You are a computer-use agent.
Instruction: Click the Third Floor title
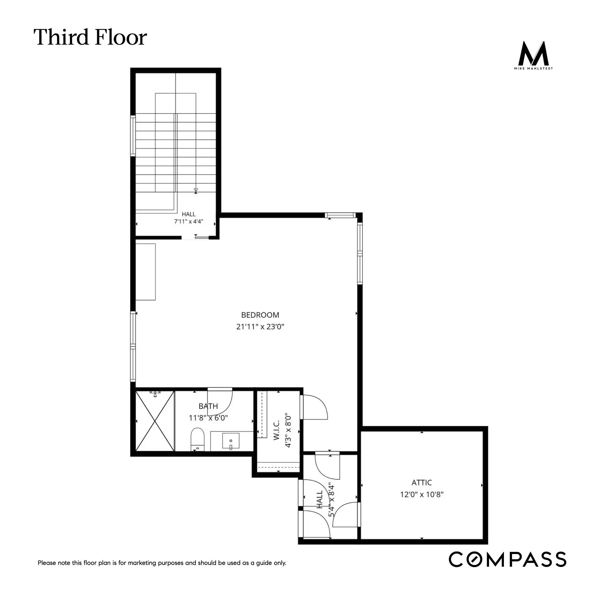[x=90, y=37]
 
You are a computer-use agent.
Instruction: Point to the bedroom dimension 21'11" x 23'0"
[x=260, y=327]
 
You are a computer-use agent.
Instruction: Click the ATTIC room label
[x=421, y=482]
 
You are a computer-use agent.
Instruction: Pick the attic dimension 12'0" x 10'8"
[x=421, y=494]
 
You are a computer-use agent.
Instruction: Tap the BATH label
[x=208, y=406]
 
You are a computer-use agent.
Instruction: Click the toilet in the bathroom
[x=197, y=439]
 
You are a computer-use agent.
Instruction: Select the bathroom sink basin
[x=231, y=441]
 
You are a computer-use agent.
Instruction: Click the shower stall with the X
[x=155, y=421]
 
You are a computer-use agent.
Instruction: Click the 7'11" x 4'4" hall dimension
[x=189, y=221]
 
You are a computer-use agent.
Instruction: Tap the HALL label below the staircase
[x=189, y=214]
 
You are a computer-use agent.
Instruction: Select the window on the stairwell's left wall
[x=133, y=136]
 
